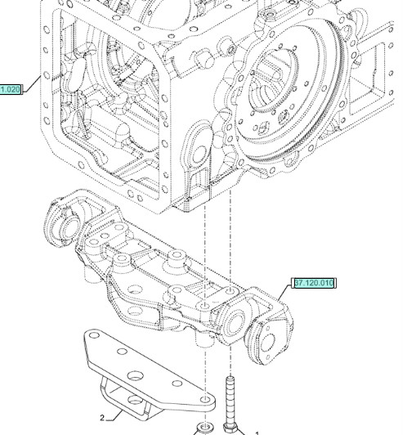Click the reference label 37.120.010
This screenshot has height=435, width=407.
click(x=313, y=284)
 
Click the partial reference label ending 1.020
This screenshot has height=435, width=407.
click(x=11, y=88)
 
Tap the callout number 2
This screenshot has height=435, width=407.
click(x=102, y=418)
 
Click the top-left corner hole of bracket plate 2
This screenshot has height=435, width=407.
click(x=95, y=334)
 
